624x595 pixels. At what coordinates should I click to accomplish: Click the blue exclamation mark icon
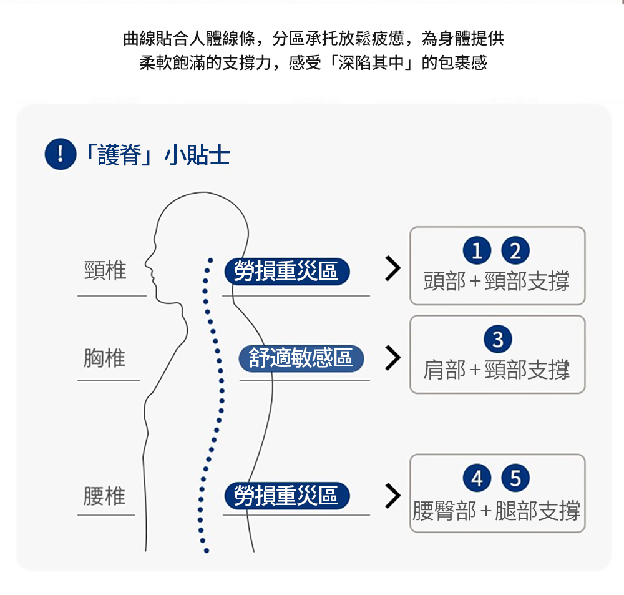coord(60,155)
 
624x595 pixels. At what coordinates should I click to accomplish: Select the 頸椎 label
coord(105,270)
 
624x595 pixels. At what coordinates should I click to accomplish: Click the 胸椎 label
coord(105,358)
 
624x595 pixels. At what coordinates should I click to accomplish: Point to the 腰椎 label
coord(105,496)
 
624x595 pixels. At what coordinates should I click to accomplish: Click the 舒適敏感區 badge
coord(301,358)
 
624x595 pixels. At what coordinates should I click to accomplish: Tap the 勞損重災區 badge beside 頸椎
coord(286,271)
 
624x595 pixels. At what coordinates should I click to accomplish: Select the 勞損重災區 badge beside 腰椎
coord(286,496)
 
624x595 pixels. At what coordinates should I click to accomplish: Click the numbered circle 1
coord(477,251)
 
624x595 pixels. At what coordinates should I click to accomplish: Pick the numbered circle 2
coord(515,251)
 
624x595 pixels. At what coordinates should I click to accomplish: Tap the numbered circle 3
coord(497,340)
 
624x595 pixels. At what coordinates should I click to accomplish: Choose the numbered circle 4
coord(477,479)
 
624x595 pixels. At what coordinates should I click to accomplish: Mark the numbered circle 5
coord(515,479)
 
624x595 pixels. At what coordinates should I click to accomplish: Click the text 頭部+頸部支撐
coord(497,282)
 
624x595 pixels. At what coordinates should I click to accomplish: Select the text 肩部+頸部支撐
coord(497,370)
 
